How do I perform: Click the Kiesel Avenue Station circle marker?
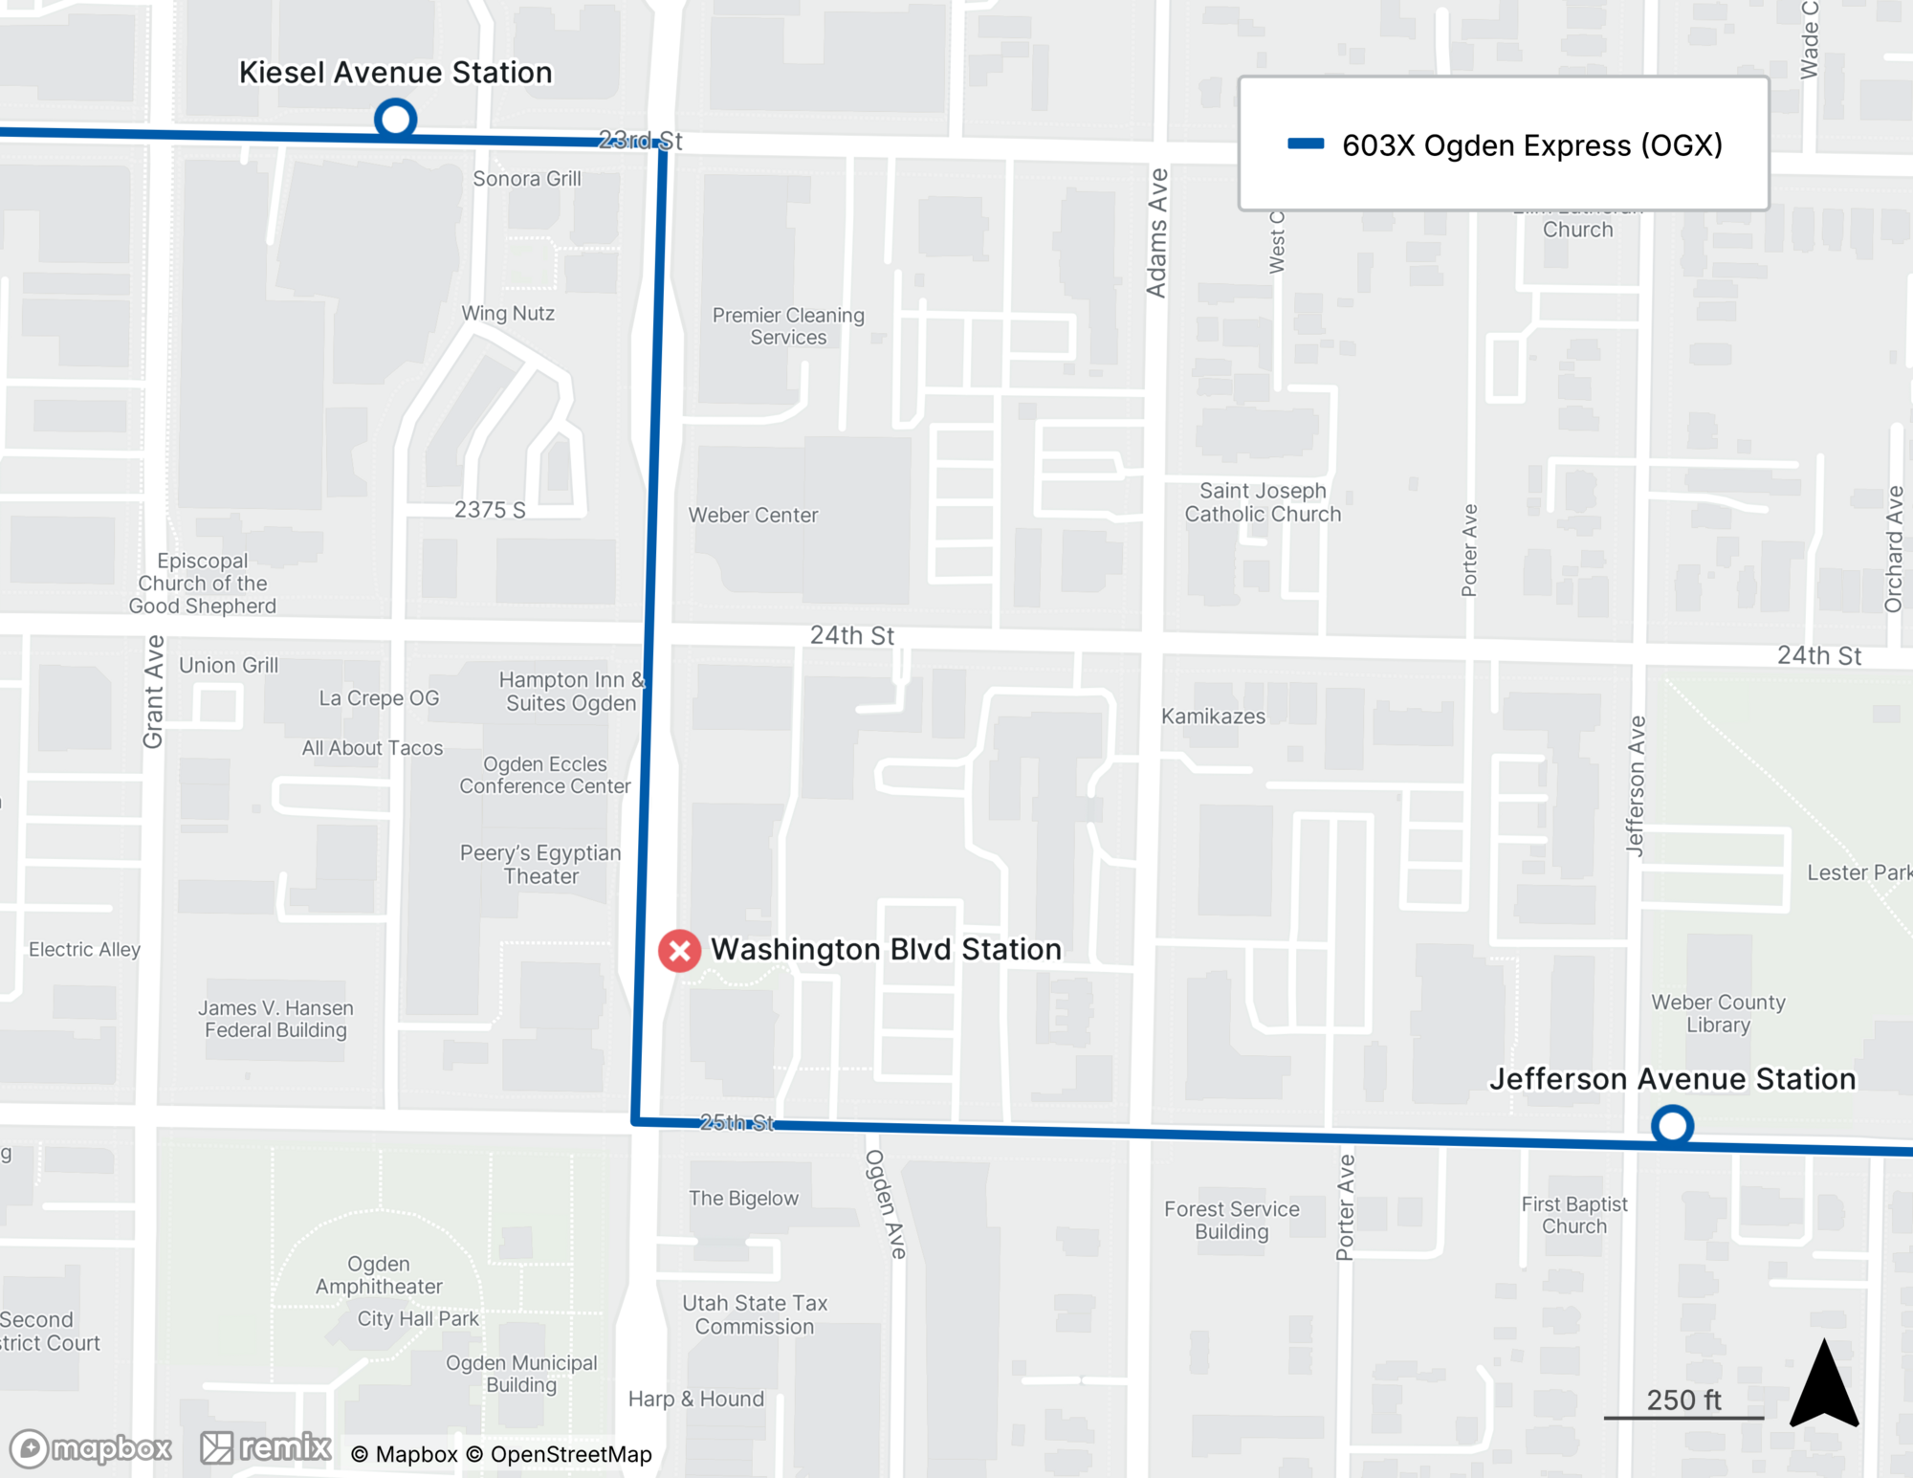pos(395,120)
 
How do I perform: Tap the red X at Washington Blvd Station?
pos(679,951)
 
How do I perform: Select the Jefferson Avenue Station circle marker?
pos(1672,1126)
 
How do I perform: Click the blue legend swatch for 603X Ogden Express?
pos(1306,144)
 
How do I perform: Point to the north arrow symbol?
pos(1824,1385)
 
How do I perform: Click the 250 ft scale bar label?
pos(1683,1400)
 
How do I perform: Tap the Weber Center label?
pos(753,515)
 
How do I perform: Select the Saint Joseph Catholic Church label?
pos(1263,502)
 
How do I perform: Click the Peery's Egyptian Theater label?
pos(540,864)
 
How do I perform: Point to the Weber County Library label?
pos(1718,1013)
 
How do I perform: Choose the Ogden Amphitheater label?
pos(379,1275)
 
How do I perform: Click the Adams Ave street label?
pos(1156,232)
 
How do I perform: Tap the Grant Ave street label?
pos(153,692)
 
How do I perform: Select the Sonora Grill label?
pos(527,179)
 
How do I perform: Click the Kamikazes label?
pos(1213,717)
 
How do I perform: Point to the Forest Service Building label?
pos(1231,1220)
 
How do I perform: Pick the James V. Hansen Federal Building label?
pos(275,1019)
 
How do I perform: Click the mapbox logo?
pos(91,1448)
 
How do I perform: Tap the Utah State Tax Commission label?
pos(755,1314)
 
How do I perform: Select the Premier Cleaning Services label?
pos(788,326)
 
